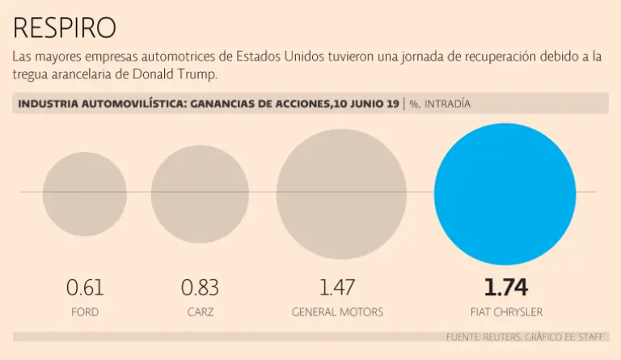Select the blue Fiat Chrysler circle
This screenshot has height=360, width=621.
[505, 194]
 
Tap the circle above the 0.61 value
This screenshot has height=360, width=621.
[85, 194]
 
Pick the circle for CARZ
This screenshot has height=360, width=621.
[200, 194]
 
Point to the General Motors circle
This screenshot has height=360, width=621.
[341, 194]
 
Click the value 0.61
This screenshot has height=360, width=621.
[85, 287]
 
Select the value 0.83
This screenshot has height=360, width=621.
[200, 287]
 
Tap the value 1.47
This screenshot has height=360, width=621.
[337, 287]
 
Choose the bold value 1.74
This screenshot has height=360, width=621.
[505, 287]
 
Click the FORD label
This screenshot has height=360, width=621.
[85, 311]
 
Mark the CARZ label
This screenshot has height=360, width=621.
[200, 311]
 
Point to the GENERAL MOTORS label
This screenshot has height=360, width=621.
[337, 311]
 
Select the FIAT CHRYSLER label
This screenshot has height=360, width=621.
[505, 311]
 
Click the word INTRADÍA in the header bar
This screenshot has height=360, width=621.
[447, 104]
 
